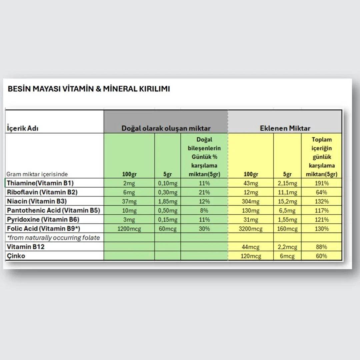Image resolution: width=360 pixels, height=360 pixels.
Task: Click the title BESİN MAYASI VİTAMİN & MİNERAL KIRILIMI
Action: tap(88, 89)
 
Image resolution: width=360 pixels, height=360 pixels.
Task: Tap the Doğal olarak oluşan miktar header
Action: tap(166, 128)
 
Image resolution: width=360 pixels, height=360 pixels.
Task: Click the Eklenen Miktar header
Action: tap(285, 128)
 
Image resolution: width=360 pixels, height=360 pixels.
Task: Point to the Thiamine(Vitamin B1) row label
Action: tap(40, 183)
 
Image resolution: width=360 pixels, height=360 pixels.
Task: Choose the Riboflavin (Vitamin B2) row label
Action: tap(42, 192)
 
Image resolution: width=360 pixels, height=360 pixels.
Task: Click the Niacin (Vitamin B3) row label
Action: tap(37, 201)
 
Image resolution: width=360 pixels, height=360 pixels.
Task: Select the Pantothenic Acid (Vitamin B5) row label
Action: tap(53, 210)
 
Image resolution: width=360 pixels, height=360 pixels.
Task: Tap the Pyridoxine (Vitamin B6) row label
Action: tap(43, 219)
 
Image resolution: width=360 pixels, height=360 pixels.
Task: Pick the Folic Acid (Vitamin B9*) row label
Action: tap(44, 228)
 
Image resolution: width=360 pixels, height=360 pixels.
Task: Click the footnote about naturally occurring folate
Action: tap(53, 238)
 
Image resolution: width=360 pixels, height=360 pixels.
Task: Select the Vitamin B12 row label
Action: tap(26, 247)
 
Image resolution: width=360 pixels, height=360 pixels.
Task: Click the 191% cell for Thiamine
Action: tap(322, 183)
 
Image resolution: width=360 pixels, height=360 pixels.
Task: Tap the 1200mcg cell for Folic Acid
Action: tap(129, 229)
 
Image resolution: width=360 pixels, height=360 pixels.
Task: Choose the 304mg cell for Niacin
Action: tap(251, 201)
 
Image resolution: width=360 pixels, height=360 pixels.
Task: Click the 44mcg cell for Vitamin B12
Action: tap(251, 247)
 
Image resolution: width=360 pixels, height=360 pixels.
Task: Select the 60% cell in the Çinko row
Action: tap(322, 256)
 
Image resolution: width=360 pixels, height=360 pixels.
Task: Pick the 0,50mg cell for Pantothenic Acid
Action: tap(167, 211)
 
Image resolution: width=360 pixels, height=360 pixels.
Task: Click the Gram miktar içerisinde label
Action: tap(37, 174)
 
